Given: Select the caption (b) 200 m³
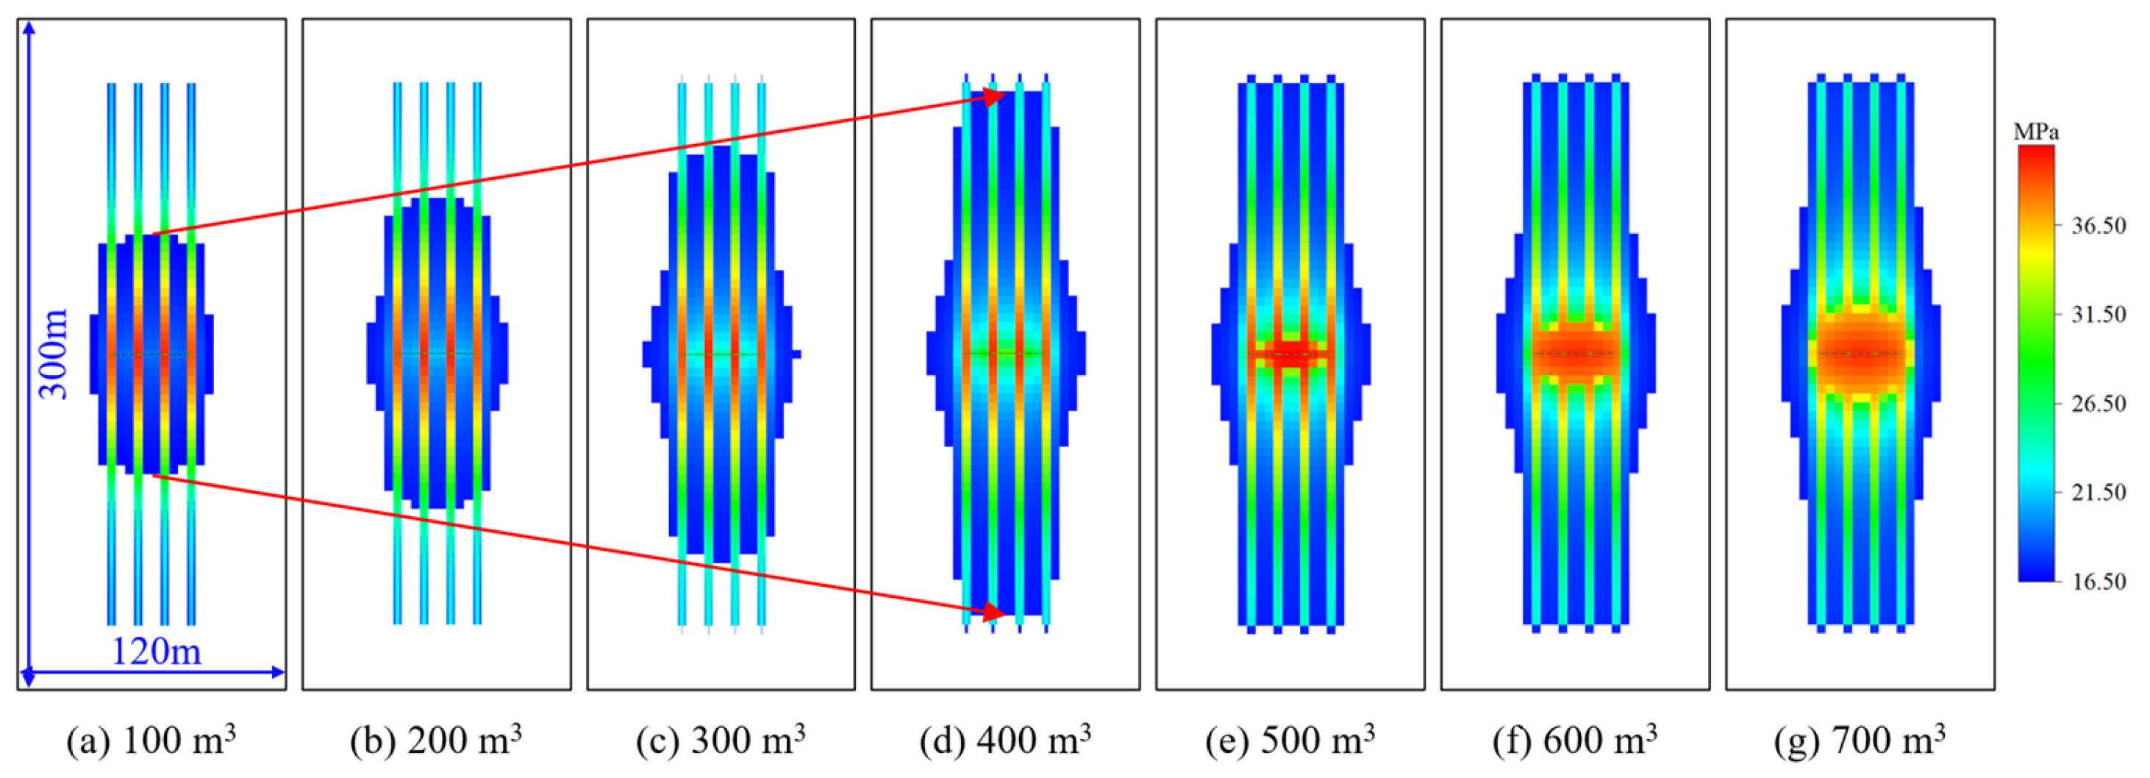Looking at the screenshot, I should [x=436, y=740].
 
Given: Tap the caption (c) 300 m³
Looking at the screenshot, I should [x=721, y=740].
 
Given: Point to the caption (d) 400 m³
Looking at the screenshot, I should [x=1005, y=740].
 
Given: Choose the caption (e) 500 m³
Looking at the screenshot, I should [x=1290, y=740].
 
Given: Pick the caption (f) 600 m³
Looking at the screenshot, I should [x=1575, y=740].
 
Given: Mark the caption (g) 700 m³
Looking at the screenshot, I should [x=1860, y=740].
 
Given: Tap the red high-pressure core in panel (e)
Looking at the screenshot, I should [x=1290, y=353].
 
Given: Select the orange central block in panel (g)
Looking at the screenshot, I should [x=1860, y=352].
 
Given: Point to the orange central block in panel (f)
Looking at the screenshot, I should [x=1575, y=353].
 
